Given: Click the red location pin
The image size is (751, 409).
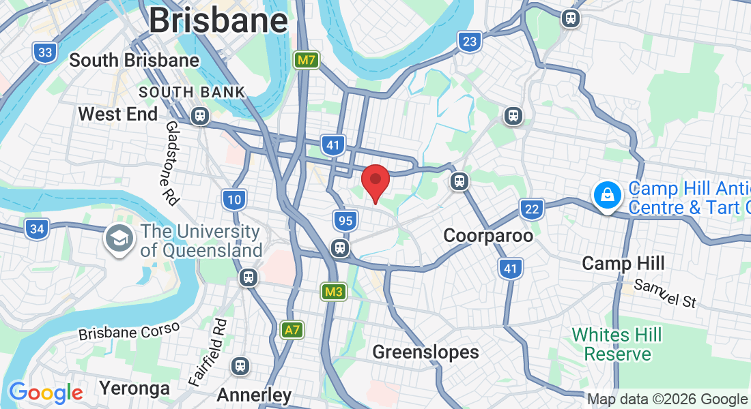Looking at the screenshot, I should (375, 181).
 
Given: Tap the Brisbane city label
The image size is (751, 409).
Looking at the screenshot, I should (218, 20).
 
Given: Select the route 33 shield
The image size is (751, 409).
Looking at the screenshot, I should (45, 52).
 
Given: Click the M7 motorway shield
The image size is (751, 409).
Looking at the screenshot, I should (307, 60).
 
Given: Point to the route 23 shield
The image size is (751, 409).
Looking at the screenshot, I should (469, 42).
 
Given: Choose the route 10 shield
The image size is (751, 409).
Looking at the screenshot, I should (233, 200).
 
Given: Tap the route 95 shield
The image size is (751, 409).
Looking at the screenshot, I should (345, 220).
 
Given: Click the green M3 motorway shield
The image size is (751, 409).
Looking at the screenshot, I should (334, 292).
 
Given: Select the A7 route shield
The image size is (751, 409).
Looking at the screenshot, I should (292, 330).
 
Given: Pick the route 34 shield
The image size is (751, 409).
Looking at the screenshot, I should (37, 229).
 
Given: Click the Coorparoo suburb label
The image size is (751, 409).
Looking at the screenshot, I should (488, 236).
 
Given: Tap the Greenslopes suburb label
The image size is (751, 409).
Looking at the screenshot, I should (425, 352).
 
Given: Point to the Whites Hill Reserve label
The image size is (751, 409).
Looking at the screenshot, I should (617, 344).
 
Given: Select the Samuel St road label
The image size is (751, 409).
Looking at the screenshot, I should (665, 293).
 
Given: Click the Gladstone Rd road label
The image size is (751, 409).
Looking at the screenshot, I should (171, 164).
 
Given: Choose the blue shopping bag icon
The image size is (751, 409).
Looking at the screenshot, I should (606, 196).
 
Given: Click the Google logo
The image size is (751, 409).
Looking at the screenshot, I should (46, 393).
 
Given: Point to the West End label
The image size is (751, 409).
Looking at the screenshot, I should (118, 114).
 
